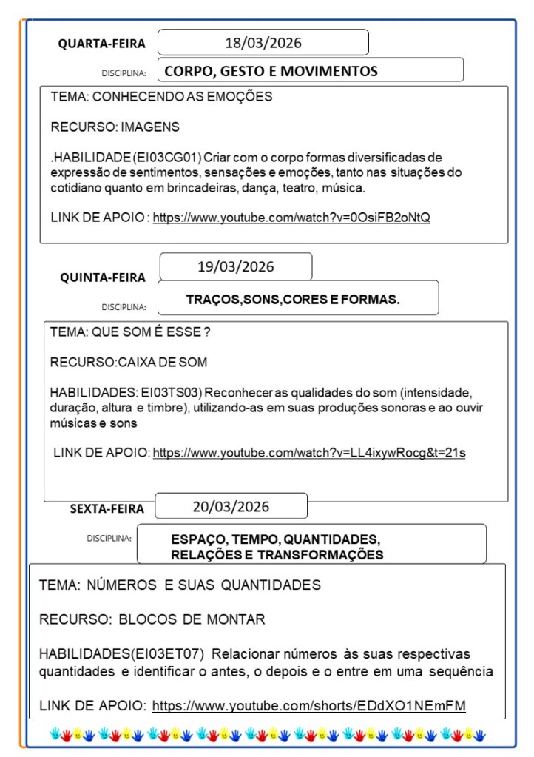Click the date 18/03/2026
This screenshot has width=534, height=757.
tap(263, 43)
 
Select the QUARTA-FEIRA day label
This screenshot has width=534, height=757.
tap(102, 44)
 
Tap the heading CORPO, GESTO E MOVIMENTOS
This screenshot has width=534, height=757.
tap(271, 71)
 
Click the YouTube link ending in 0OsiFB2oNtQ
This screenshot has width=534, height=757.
tap(291, 218)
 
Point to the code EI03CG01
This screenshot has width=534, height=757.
tap(169, 157)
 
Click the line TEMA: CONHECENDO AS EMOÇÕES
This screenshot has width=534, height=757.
tap(161, 97)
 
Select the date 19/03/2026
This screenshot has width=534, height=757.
tap(235, 266)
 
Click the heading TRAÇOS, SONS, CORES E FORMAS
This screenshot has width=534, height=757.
tap(293, 300)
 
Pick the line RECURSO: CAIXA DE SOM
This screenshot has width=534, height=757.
tap(129, 363)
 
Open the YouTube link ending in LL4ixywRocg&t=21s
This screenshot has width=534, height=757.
tap(308, 453)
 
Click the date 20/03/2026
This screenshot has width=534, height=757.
tap(231, 507)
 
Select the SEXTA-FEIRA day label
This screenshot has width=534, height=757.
tap(107, 508)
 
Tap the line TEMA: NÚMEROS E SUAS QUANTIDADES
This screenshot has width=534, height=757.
tap(180, 585)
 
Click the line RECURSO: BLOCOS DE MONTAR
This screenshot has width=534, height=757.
tap(152, 619)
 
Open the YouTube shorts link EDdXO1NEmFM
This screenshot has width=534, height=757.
tap(308, 706)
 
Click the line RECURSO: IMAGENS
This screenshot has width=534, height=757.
tap(115, 127)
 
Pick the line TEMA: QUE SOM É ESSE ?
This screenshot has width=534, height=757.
tap(130, 332)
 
